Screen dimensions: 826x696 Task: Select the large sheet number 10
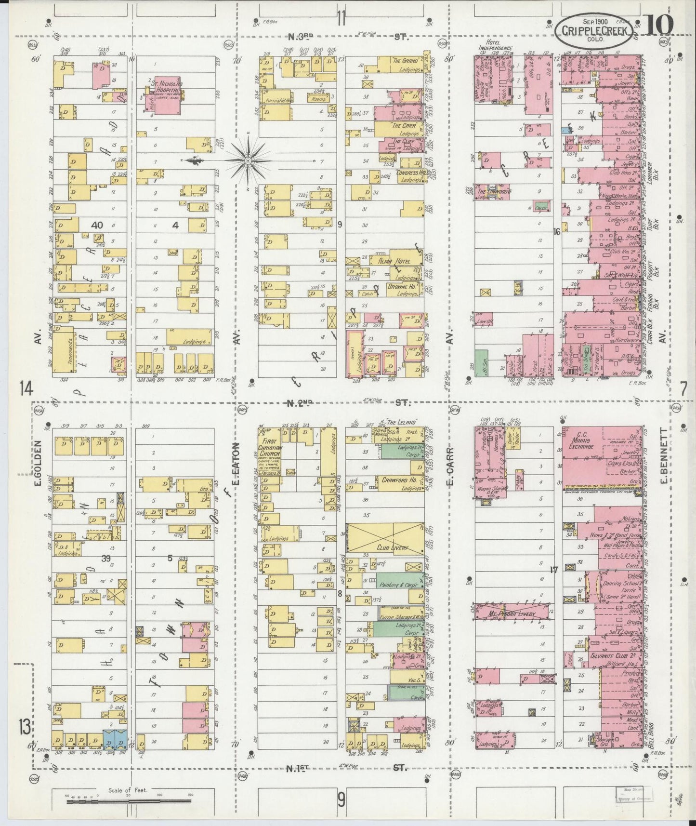(657, 25)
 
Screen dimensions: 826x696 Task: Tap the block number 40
(97, 225)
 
